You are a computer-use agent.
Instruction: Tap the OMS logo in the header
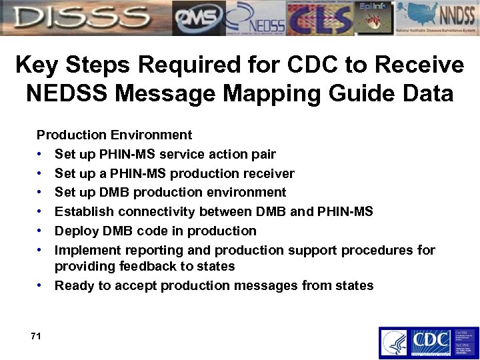tap(198, 18)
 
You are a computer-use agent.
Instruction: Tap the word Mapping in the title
tap(279, 93)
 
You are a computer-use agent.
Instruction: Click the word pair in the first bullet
tap(263, 155)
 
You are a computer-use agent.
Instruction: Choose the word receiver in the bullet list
tap(271, 174)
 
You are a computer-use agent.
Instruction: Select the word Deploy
tap(75, 231)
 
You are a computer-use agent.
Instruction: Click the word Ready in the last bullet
tap(73, 286)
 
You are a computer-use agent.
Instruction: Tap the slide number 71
tap(36, 337)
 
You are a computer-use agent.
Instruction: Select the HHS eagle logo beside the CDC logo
tap(393, 343)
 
